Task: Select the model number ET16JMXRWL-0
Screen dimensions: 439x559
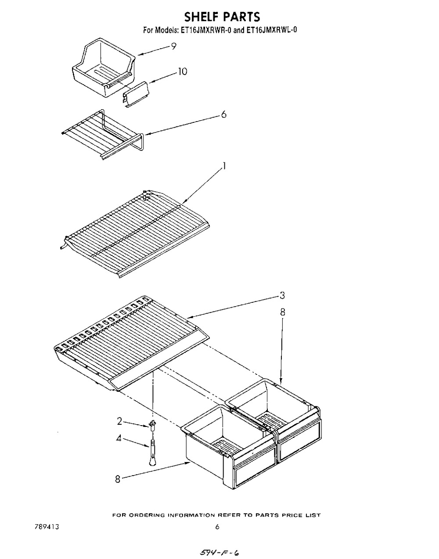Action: tap(271, 31)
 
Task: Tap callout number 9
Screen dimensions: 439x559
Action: tap(174, 47)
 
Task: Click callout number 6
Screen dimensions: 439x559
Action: tap(224, 114)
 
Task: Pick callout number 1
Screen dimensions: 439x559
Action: tap(224, 166)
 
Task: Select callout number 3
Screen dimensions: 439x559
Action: tap(282, 296)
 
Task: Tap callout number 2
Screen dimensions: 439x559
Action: tap(119, 421)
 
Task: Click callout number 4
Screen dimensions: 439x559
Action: tap(119, 438)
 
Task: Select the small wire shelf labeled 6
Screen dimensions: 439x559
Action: tap(103, 134)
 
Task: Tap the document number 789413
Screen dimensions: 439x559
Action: tap(47, 520)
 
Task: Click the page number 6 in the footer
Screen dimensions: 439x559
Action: tap(217, 520)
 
